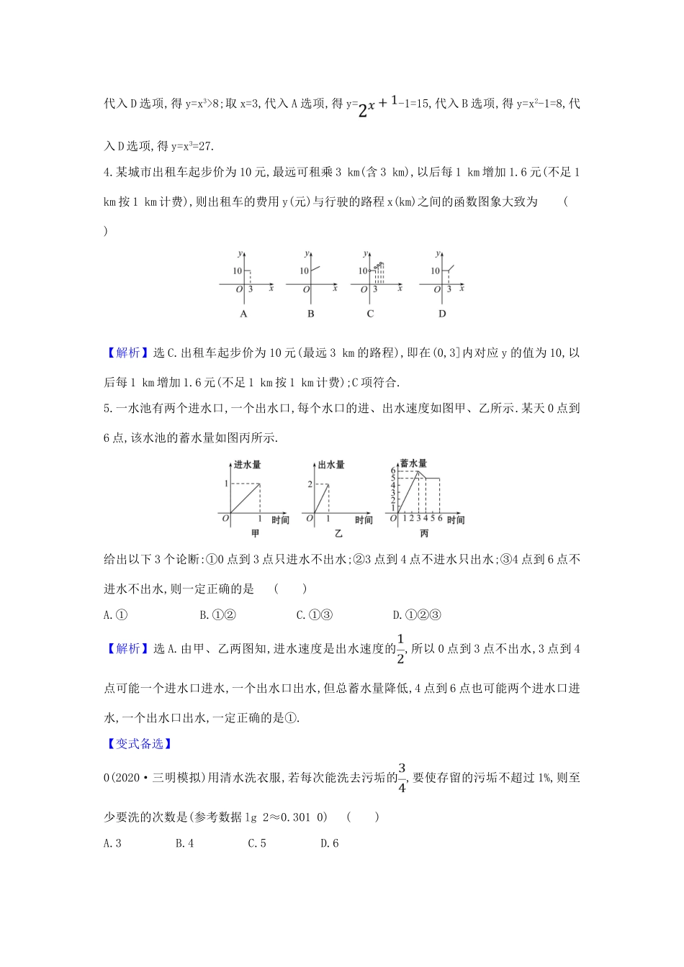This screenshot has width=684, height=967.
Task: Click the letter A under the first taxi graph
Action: (x=243, y=314)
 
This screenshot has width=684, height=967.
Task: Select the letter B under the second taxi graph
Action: (x=310, y=314)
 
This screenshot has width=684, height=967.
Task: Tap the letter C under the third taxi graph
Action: (x=370, y=314)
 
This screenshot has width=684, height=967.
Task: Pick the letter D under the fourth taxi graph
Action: (x=441, y=314)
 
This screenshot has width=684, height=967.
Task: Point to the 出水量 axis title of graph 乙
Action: (x=331, y=465)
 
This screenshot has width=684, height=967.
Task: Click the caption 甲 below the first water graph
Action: (x=254, y=533)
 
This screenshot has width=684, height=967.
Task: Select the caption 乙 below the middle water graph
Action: (x=338, y=533)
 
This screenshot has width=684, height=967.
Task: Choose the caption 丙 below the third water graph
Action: (x=423, y=533)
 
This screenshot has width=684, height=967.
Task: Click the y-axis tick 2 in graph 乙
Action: (x=310, y=484)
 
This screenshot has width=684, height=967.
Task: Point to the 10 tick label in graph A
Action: (x=237, y=271)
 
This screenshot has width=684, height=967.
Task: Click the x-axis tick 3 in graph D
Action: (x=449, y=289)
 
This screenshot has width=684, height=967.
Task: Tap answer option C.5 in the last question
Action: (x=256, y=843)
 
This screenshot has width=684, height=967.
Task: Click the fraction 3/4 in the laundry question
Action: (x=402, y=777)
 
